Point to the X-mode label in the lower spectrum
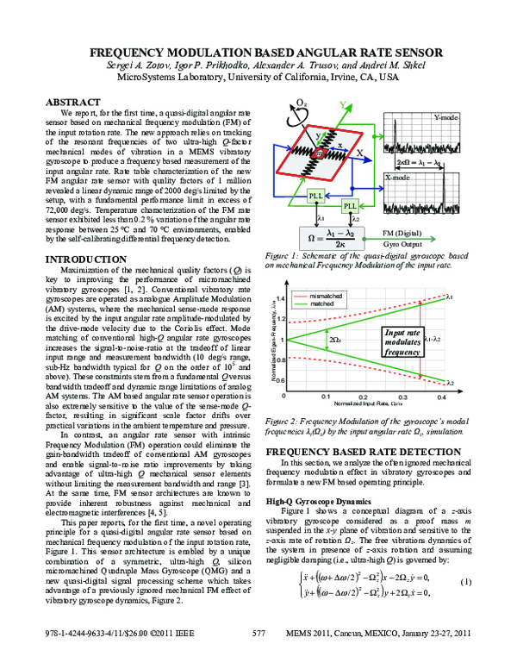click(396, 177)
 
